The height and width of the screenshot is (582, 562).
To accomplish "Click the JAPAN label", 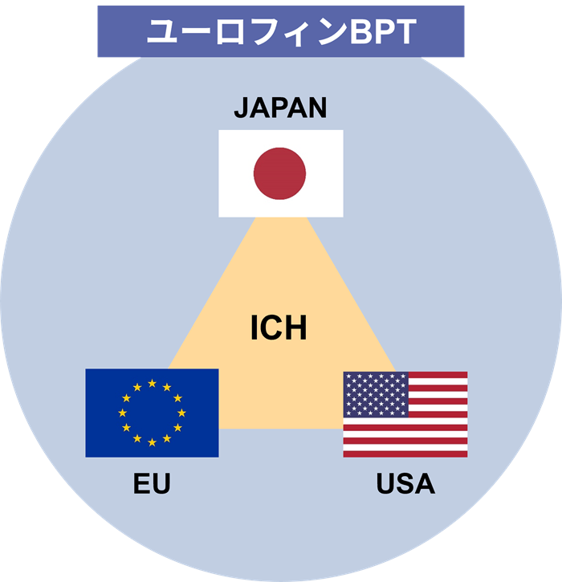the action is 281,108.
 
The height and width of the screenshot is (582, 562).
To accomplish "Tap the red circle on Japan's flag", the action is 279,173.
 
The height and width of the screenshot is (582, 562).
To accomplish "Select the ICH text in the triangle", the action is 279,327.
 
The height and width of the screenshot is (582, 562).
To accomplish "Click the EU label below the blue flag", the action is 152,483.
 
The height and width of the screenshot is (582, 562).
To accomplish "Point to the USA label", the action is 405,483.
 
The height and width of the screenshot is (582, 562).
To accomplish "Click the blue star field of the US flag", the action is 376,394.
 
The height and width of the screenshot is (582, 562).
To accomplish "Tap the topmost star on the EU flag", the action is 152,383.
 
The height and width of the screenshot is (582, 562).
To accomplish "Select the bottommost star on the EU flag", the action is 152,442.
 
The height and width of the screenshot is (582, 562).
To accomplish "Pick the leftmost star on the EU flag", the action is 123,413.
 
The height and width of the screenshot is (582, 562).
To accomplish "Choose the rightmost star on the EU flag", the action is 181,413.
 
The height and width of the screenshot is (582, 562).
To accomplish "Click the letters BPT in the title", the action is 383,32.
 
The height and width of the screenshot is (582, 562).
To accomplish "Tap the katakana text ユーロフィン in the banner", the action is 247,32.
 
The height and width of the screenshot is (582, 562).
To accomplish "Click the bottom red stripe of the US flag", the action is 405,454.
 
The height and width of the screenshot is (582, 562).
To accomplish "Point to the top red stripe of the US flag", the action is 438,375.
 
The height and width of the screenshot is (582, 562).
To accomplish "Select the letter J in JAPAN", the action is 241,108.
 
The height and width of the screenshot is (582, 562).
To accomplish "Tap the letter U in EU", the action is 161,483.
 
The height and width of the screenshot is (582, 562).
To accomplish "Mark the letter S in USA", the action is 405,483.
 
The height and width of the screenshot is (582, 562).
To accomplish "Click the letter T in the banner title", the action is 405,32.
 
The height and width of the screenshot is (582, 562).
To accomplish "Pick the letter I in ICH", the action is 254,327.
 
